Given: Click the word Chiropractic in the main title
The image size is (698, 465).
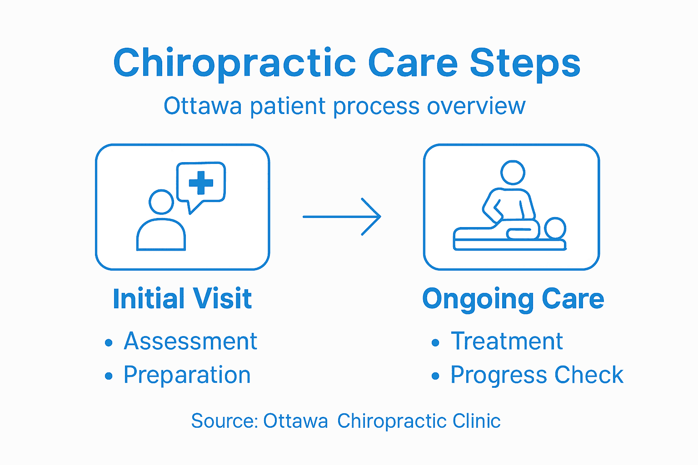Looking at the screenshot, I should point(234,64).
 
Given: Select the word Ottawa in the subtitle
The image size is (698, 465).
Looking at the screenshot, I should point(203,106).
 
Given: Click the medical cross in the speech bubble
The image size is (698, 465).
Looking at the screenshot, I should point(201,183).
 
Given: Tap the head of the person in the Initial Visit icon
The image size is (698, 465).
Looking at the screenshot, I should point(161,202).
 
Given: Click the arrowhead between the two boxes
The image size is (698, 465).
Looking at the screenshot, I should point(373,217).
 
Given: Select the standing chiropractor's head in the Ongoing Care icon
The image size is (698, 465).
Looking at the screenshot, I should point(513,173).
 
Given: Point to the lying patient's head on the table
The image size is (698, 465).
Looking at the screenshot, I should point(555,228).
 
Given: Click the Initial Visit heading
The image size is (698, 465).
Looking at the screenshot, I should point(182,299).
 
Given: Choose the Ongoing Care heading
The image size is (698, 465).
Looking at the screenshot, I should point(513,299).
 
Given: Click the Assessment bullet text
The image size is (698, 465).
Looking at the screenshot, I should point(190,341).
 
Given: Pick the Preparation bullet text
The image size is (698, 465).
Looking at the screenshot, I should point(187,375).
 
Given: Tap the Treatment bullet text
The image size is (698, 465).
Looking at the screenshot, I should point(507,341).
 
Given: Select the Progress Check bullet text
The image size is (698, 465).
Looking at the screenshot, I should point(537,375).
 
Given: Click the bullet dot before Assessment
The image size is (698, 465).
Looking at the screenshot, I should point(108,343).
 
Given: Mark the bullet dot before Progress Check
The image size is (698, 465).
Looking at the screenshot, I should point(435,376).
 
